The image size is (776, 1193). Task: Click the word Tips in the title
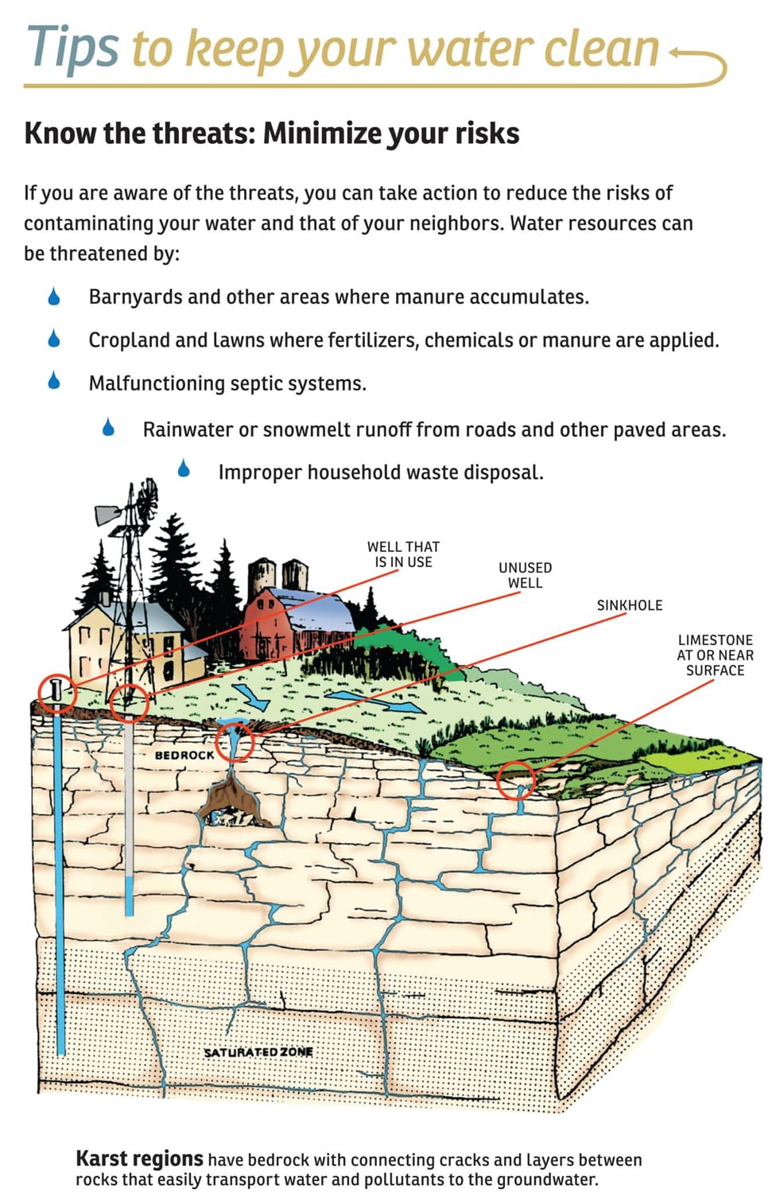pyautogui.click(x=72, y=49)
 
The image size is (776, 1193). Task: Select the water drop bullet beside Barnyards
pyautogui.click(x=54, y=296)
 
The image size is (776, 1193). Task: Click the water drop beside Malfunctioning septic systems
pyautogui.click(x=54, y=380)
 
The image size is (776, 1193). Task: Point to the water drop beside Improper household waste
pyautogui.click(x=184, y=468)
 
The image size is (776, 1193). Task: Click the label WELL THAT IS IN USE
pyautogui.click(x=403, y=554)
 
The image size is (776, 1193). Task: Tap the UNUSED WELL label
pyautogui.click(x=525, y=575)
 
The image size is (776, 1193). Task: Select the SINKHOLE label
pyautogui.click(x=630, y=605)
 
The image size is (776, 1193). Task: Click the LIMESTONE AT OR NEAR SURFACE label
pyautogui.click(x=715, y=655)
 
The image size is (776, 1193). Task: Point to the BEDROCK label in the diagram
pyautogui.click(x=184, y=756)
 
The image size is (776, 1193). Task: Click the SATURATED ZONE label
pyautogui.click(x=259, y=1052)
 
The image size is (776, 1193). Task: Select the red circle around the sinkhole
pyautogui.click(x=235, y=726)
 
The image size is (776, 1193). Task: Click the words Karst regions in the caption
pyautogui.click(x=139, y=1158)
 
